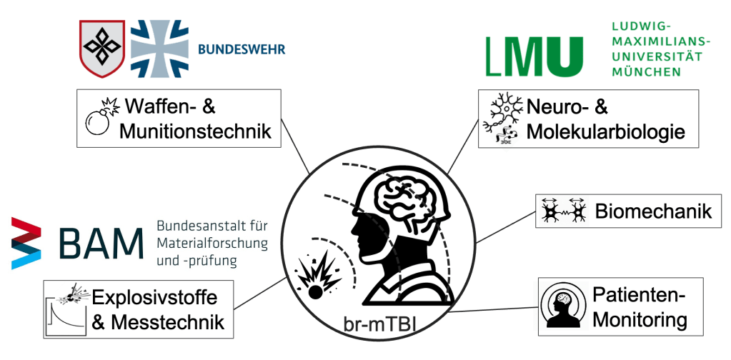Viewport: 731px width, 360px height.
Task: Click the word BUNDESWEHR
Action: click(241, 49)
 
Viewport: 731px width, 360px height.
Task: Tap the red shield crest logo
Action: click(101, 47)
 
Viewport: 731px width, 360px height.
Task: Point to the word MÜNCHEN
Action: click(647, 72)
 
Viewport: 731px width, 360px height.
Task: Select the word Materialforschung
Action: click(212, 243)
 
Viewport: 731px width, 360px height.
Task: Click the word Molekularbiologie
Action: click(606, 131)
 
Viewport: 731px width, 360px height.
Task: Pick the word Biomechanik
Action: click(653, 211)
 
